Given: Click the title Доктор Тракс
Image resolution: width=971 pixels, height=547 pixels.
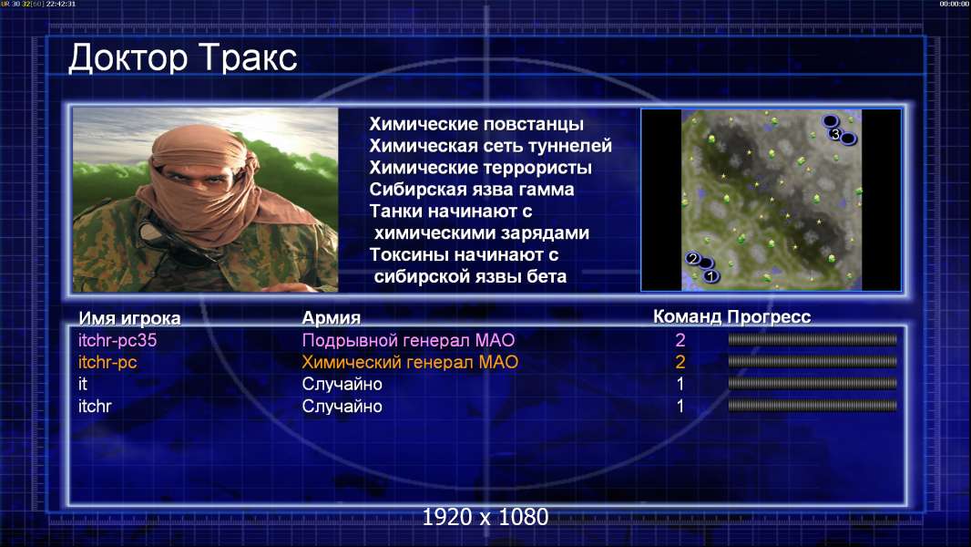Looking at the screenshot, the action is click(183, 58).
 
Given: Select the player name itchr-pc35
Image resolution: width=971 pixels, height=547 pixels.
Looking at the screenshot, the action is click(118, 340).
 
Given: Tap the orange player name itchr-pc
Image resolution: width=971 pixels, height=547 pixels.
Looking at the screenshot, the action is click(107, 362).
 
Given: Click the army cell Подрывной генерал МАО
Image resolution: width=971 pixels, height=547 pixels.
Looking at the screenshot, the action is click(408, 340).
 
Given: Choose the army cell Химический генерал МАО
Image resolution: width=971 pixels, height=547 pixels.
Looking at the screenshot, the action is click(410, 362).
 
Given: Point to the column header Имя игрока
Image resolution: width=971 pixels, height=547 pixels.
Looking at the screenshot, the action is click(129, 318).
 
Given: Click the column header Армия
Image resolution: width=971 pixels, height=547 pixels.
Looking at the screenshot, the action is click(332, 318).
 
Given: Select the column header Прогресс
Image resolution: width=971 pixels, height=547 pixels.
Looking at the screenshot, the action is click(769, 317).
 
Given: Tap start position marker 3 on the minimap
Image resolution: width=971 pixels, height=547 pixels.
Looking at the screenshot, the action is click(835, 134).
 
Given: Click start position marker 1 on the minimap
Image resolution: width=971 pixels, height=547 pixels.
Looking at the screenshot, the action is click(710, 275).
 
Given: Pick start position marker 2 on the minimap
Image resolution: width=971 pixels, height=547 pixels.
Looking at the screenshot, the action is click(693, 258).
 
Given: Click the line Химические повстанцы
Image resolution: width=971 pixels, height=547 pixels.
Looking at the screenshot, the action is click(476, 124).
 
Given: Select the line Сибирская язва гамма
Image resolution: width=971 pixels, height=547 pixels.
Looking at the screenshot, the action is click(472, 189).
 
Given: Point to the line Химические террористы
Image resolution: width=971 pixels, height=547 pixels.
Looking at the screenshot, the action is click(481, 167).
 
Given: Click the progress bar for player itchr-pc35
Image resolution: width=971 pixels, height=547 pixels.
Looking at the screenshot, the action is click(813, 339).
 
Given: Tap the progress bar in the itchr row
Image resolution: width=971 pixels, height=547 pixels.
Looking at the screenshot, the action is click(813, 406).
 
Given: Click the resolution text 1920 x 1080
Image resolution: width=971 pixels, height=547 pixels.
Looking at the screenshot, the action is click(485, 517).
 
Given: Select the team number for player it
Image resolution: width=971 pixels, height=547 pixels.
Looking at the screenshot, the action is click(680, 384).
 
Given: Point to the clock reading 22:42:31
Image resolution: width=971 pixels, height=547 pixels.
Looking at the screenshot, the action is click(61, 4).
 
